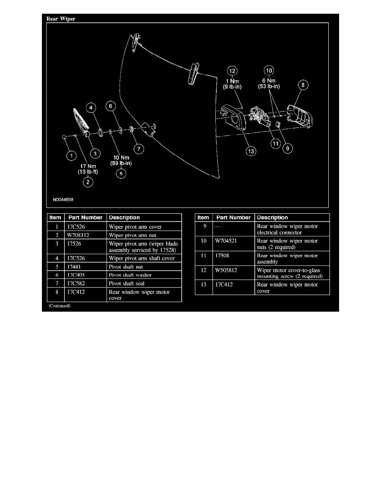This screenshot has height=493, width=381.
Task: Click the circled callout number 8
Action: [303, 85]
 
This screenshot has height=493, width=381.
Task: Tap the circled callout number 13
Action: [251, 151]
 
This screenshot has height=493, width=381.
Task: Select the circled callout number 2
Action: [88, 182]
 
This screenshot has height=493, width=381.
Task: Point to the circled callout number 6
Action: [110, 106]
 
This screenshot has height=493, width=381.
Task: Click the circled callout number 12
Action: [232, 71]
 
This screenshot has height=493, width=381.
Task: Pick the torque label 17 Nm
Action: [88, 166]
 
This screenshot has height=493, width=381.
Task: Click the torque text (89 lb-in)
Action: [121, 163]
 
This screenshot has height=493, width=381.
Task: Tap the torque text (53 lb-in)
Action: [269, 86]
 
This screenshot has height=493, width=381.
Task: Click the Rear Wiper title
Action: [61, 19]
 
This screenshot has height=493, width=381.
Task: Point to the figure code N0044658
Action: [63, 199]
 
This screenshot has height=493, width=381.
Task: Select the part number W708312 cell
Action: [78, 235]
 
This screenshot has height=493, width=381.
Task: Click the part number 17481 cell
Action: [74, 266]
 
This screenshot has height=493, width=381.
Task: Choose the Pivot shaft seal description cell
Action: [127, 283]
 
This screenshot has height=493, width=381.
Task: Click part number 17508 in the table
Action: [222, 255]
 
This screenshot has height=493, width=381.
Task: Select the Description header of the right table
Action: [272, 217]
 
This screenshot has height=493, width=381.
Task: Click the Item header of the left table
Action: [55, 217]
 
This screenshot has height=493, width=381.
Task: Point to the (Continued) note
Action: [59, 305]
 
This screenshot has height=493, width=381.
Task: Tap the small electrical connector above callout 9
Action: [278, 124]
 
